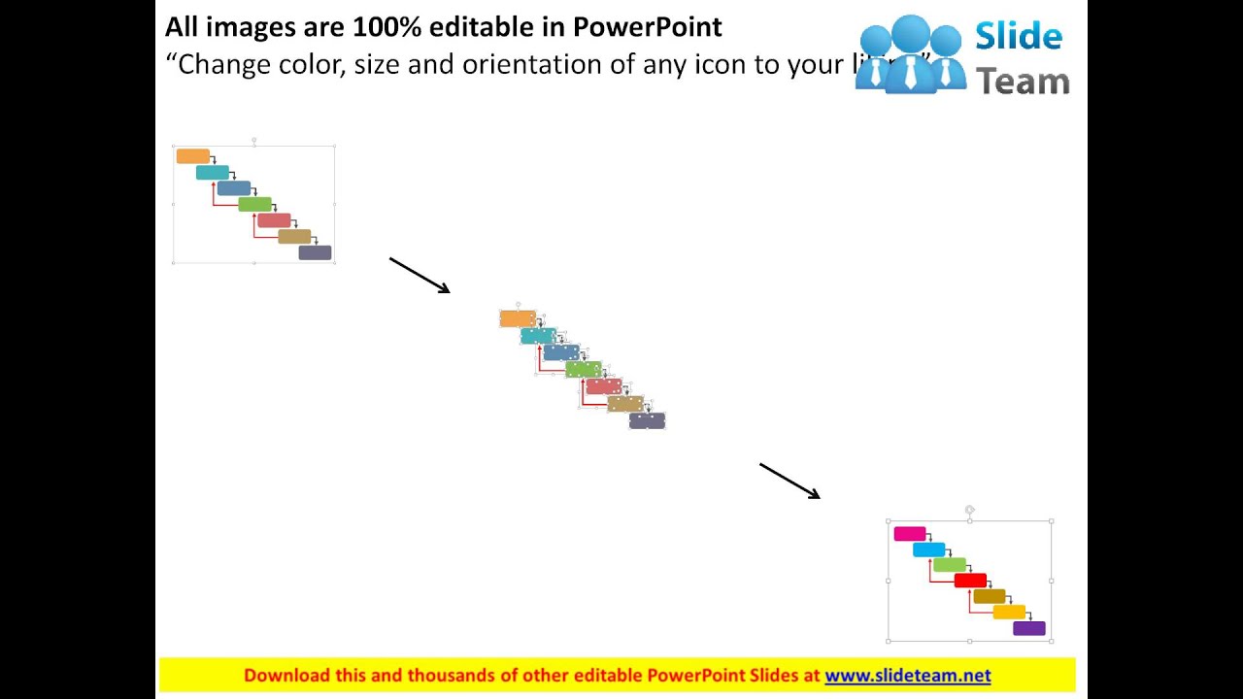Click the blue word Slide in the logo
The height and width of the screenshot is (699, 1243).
1019,37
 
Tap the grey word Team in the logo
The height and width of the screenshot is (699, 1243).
1023,82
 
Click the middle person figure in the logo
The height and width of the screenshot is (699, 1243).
910,53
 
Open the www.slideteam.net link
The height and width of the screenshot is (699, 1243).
907,676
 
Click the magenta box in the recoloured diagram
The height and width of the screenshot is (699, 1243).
910,534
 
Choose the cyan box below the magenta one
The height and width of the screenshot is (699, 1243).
928,549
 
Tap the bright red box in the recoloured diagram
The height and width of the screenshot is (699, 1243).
970,581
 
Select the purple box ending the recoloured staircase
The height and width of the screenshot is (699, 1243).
1029,628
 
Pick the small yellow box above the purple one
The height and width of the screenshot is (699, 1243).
1009,613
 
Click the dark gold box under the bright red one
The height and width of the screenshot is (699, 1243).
990,596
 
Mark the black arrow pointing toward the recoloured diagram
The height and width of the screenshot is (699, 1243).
789,481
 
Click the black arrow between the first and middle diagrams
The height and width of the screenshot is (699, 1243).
420,275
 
